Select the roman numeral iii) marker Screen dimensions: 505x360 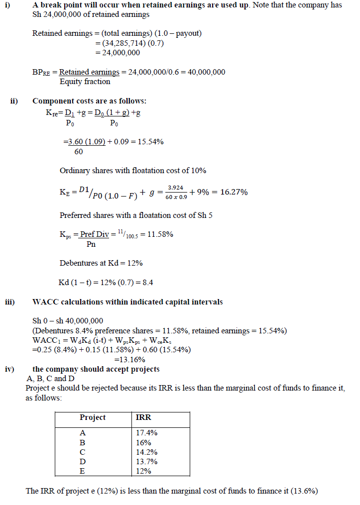pos(10,302)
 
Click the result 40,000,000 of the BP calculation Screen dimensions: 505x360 pos(205,72)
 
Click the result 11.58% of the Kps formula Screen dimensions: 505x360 pos(158,234)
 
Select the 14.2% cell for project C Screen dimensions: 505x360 pos(146,452)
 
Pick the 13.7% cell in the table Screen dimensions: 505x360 pos(146,462)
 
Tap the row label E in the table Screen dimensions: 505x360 pos(83,471)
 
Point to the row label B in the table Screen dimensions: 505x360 pos(83,443)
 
